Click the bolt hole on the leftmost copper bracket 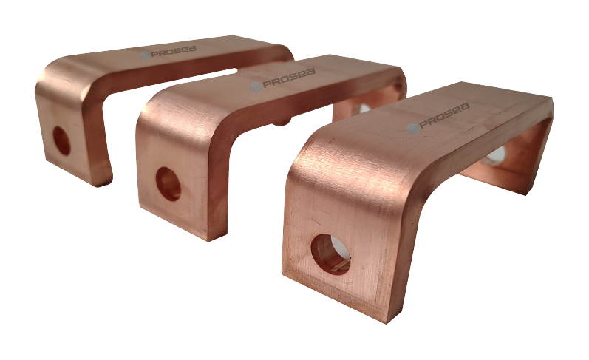(x=61, y=140)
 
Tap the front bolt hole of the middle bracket (x=168, y=184)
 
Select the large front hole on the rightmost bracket (x=330, y=254)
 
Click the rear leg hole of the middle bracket (x=363, y=108)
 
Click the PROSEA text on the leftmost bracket (x=174, y=51)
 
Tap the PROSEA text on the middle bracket (x=289, y=78)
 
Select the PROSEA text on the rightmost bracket (x=444, y=115)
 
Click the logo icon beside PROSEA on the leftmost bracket (x=145, y=55)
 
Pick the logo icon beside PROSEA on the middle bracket (x=256, y=87)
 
